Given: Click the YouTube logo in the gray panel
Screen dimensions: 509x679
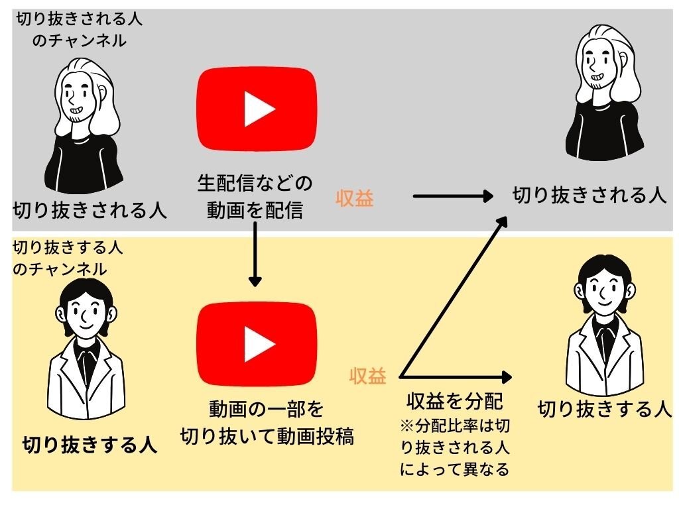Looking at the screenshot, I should click(256, 109).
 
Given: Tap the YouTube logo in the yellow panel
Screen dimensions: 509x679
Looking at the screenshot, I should click(256, 343).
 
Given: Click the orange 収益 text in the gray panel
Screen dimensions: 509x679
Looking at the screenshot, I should click(355, 198).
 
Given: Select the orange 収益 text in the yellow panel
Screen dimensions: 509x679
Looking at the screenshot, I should click(368, 376).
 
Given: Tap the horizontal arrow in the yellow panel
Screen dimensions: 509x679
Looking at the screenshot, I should click(458, 378).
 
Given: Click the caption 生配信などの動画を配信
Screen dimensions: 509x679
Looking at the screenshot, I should click(255, 197).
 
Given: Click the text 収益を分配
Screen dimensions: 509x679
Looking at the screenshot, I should click(455, 401).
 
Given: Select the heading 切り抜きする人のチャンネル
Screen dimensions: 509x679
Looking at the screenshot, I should click(69, 258).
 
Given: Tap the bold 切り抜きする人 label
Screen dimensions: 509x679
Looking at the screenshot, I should click(90, 443).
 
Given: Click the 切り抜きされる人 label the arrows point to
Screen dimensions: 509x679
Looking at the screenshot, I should click(589, 195).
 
